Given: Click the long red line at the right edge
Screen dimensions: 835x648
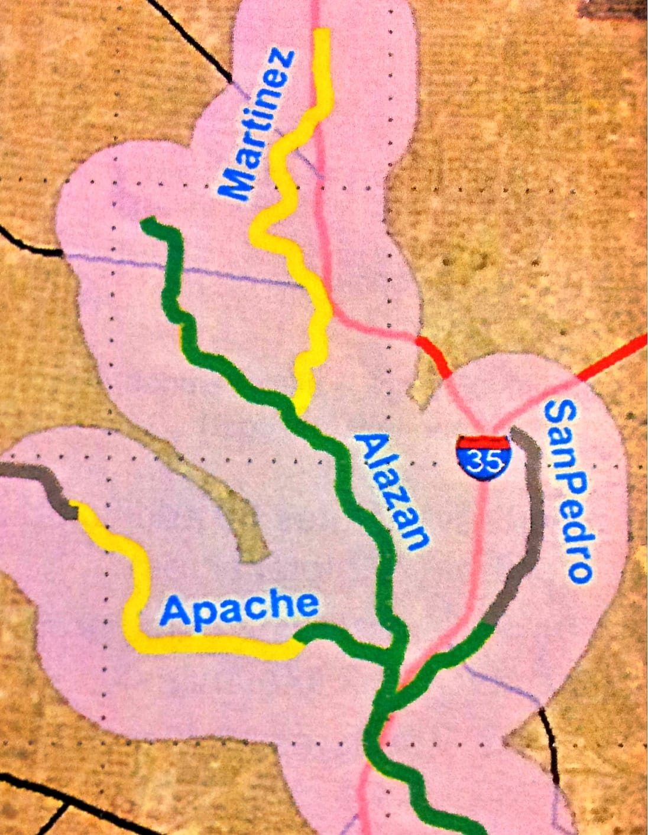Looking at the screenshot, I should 615,358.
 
